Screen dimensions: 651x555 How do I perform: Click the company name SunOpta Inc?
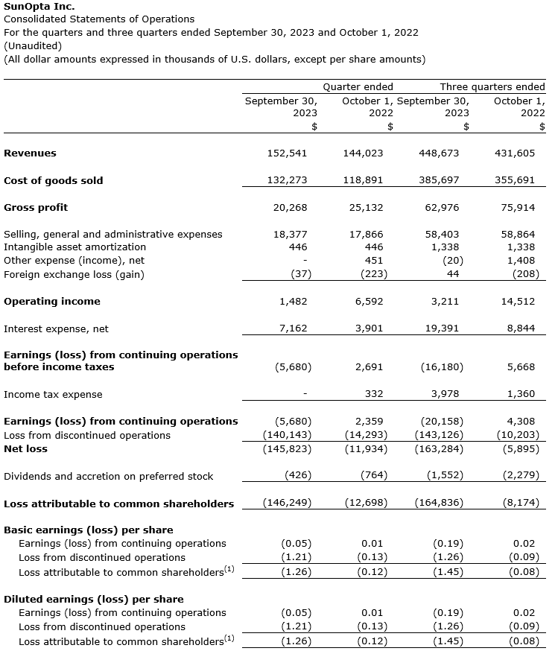(39, 7)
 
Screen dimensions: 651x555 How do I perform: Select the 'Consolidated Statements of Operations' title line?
(99, 19)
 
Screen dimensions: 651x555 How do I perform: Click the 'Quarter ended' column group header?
(358, 86)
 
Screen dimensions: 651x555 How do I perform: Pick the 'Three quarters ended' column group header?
(492, 86)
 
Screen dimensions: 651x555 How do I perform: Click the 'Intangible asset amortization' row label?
(74, 247)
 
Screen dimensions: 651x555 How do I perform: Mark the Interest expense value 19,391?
(442, 328)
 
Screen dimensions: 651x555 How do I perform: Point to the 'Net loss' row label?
(25, 449)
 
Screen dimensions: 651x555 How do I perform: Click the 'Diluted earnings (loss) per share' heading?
(93, 599)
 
